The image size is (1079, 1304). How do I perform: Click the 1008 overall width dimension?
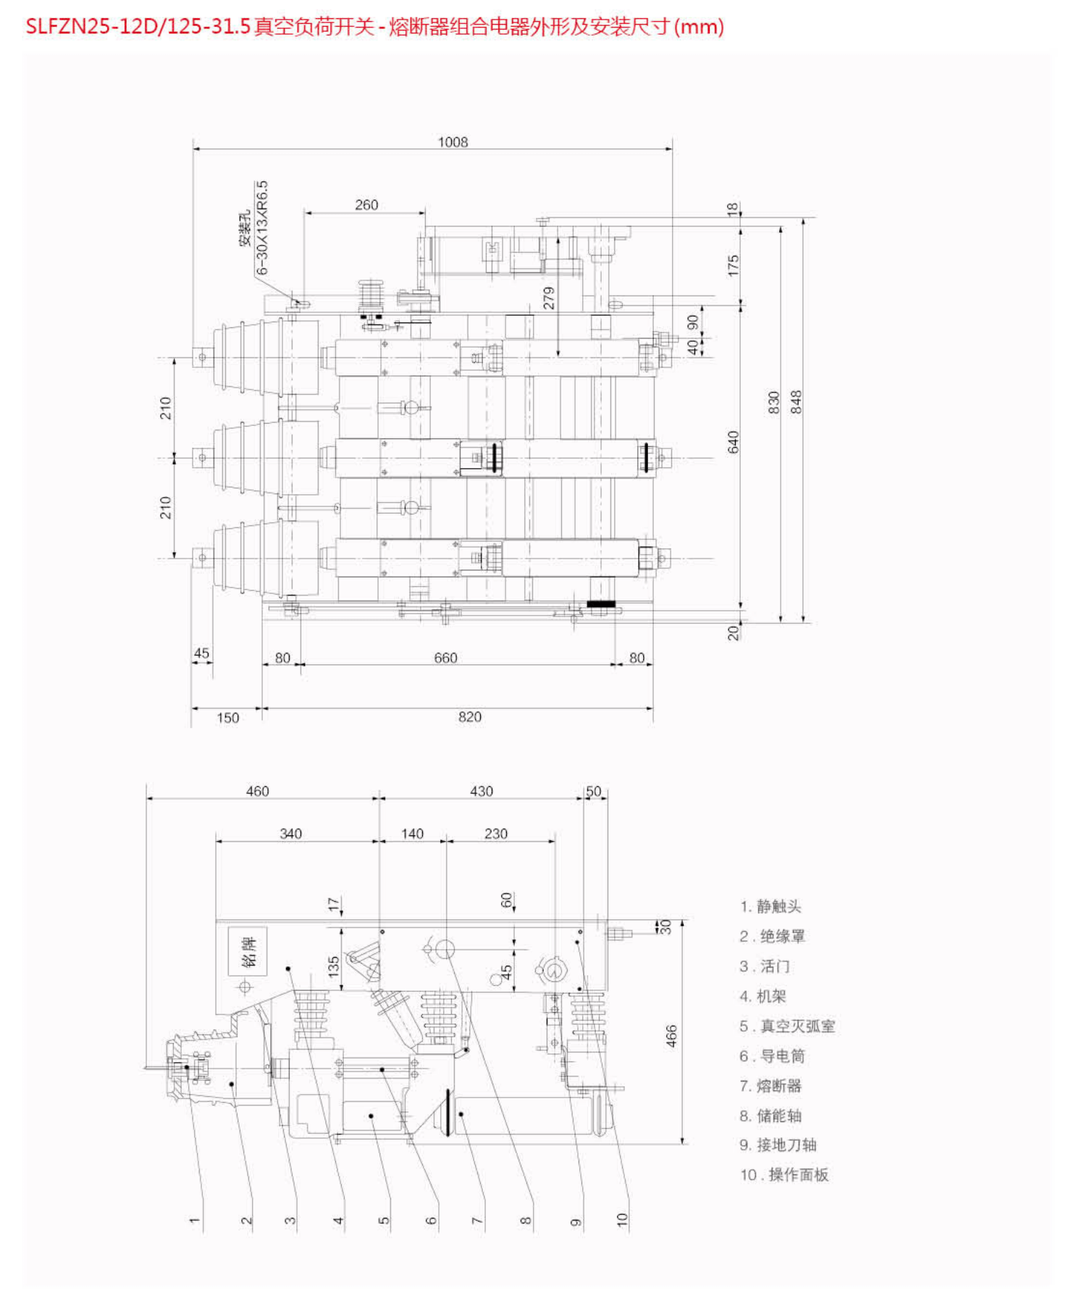pos(453,142)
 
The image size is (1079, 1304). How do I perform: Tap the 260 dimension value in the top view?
pos(366,205)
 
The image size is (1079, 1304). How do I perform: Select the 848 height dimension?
pos(796,401)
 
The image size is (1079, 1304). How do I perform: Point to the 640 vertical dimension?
pos(734,442)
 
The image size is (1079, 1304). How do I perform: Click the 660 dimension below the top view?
pos(445,658)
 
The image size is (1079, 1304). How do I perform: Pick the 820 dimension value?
pos(469,717)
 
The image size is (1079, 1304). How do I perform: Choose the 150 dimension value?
pos(227,718)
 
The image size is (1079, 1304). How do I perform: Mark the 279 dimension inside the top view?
pos(549,298)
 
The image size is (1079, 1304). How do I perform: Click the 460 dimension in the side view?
pos(257,791)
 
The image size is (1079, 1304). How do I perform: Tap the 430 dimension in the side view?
pos(481,791)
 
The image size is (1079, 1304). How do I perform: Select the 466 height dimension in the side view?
pos(671,1035)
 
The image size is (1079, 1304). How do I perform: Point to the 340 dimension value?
pos(290,834)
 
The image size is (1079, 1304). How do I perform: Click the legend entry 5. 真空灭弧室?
pos(787,1026)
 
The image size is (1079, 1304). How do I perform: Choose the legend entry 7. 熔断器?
pos(771,1085)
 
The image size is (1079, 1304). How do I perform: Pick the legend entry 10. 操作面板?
pos(784,1174)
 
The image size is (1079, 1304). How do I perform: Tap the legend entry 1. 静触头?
pos(771,906)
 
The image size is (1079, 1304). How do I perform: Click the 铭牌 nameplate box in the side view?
pos(248,951)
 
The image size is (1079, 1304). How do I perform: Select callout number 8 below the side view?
pos(526,1221)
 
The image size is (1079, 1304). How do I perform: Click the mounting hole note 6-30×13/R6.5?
pos(261,227)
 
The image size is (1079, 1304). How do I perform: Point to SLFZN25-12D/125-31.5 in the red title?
pos(138,27)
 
